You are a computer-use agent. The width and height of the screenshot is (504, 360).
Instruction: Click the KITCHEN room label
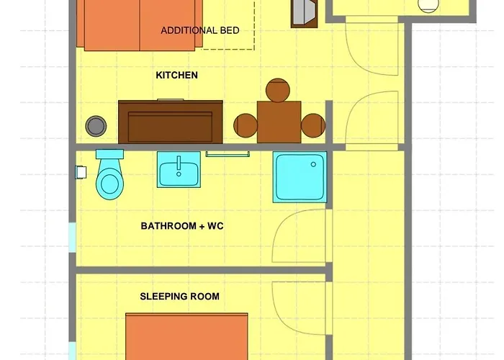tap(176, 75)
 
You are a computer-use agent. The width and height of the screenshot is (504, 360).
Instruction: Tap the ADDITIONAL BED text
tap(200, 30)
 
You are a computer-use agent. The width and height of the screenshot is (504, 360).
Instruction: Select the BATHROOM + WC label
tap(182, 226)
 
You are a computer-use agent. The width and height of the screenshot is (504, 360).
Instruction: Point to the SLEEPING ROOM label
tap(180, 297)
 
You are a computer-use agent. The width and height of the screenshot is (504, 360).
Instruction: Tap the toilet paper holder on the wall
tap(81, 172)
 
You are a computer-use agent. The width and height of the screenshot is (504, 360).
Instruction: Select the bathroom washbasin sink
tap(179, 169)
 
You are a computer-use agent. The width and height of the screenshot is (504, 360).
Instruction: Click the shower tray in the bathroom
tap(300, 177)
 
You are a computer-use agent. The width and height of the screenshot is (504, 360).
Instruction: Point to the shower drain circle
tap(313, 165)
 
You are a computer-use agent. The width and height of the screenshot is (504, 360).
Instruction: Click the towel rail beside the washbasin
tap(228, 154)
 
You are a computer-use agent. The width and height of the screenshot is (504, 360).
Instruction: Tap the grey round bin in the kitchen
tap(96, 126)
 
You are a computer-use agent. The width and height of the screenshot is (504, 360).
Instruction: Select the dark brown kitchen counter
tap(171, 122)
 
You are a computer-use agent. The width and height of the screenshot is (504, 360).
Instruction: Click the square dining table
tap(279, 122)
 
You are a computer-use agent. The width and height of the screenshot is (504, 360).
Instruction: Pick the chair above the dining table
tap(278, 90)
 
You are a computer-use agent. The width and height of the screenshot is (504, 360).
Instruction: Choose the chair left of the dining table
tap(246, 125)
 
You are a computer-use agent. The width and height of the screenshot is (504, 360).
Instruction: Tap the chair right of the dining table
tap(313, 125)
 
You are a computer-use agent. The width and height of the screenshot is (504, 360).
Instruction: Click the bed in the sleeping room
tap(186, 336)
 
